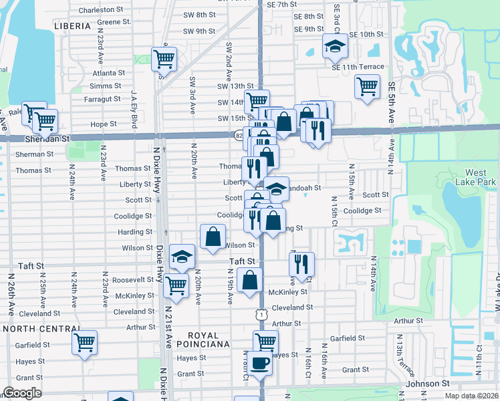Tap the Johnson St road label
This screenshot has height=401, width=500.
coord(428,384)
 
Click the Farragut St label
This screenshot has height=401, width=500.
coord(102,99)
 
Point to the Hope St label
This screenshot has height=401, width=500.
coord(104,124)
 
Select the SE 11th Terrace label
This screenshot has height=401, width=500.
coord(358,67)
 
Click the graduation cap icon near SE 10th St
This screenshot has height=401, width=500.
coord(335,45)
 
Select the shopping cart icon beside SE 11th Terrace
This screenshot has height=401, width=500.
coord(367,86)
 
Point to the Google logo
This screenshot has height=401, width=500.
coord(22,393)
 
